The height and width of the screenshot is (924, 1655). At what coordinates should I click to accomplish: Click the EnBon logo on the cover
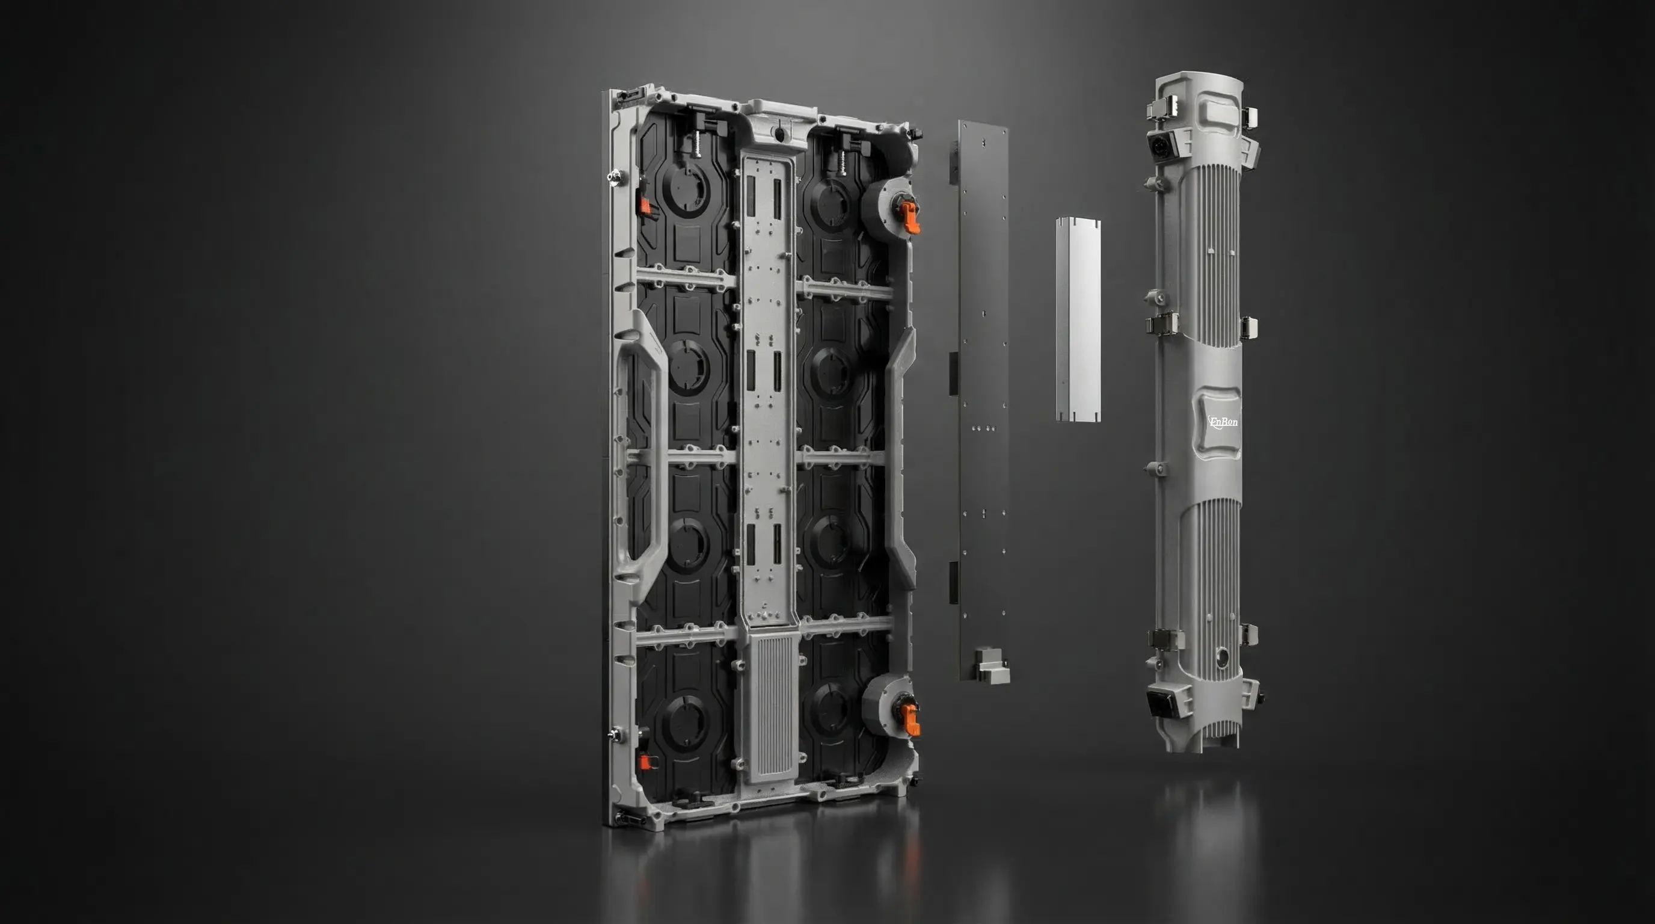[x=1223, y=422]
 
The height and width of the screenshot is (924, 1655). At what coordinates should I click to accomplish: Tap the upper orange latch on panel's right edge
[x=909, y=217]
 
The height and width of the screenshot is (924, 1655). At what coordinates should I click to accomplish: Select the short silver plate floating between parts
[x=1078, y=320]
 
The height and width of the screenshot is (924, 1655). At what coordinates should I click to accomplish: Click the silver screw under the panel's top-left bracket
[x=696, y=144]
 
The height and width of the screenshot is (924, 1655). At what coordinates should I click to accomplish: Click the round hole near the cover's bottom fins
[x=1221, y=657]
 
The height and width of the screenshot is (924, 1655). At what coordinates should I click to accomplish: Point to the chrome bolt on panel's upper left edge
[x=617, y=175]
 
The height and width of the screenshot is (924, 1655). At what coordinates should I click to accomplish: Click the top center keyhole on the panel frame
[x=779, y=134]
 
